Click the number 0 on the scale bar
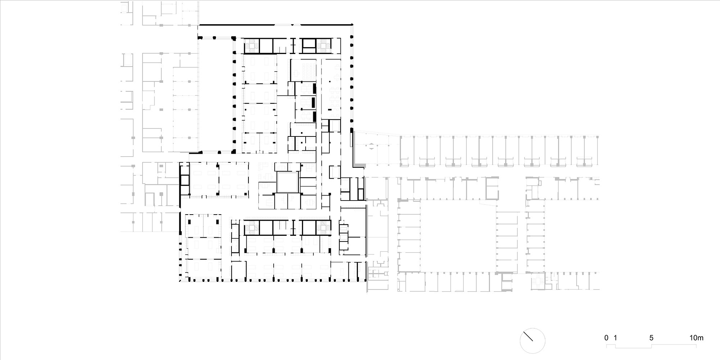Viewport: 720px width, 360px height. (607, 338)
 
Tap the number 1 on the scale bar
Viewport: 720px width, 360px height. (616, 338)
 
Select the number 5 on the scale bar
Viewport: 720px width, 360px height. (651, 338)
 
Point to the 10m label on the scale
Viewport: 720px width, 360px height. (696, 338)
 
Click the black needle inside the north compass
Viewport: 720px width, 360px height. (528, 337)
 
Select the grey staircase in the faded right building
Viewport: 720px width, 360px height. (539, 281)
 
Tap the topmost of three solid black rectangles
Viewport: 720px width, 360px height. (314, 89)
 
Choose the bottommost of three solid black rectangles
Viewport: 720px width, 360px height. (314, 116)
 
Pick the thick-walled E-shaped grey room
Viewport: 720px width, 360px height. (492, 188)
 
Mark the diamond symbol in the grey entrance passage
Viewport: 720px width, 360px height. (371, 147)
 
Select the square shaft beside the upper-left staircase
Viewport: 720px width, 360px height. (266, 46)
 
